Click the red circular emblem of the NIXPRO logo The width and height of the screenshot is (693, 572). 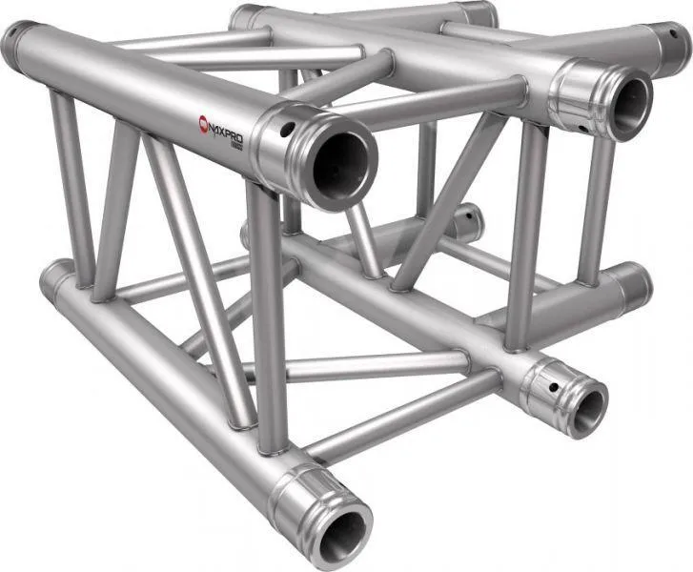pyautogui.click(x=201, y=122)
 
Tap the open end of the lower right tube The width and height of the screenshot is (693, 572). pyautogui.click(x=586, y=407)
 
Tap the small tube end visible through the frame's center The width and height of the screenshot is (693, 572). pyautogui.click(x=468, y=221)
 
